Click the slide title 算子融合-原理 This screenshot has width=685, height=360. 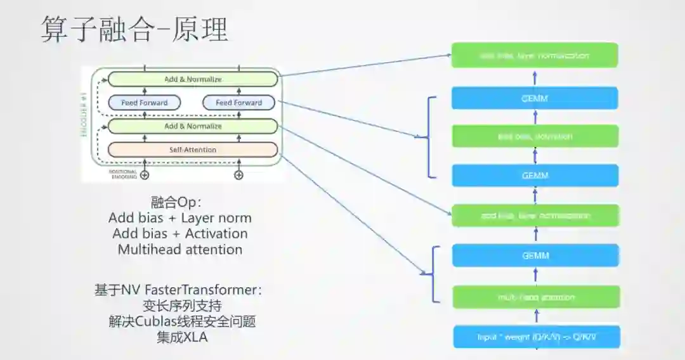134,29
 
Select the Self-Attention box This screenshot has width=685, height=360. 193,150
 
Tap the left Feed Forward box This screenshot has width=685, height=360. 145,103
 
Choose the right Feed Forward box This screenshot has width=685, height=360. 238,103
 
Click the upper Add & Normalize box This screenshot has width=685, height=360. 193,79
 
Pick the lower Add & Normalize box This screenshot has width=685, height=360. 193,126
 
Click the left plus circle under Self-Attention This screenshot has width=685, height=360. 145,176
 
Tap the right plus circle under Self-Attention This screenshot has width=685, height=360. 238,176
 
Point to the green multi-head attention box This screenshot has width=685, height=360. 535,297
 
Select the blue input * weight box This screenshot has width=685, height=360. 535,337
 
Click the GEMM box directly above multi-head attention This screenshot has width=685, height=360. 535,256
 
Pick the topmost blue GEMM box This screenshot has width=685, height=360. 535,98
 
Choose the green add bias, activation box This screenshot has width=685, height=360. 535,136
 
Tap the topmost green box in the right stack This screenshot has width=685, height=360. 535,55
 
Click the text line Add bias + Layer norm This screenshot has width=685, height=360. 180,218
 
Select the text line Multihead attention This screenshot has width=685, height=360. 180,249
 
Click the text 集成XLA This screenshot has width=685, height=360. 182,337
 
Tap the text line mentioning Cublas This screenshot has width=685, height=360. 182,321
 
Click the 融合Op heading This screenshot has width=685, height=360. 176,202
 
